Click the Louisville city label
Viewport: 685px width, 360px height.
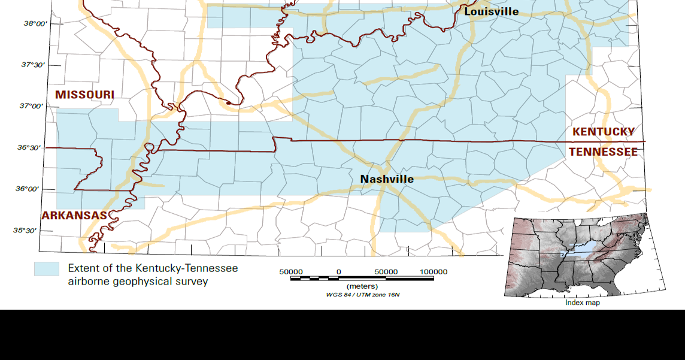[x=491, y=11]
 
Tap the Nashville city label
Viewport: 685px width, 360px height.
[x=387, y=179]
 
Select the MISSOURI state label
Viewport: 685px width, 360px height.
[x=84, y=95]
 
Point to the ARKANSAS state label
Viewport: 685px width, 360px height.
[x=74, y=216]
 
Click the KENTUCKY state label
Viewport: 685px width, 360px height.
[x=604, y=132]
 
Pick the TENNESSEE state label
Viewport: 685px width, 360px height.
[x=603, y=152]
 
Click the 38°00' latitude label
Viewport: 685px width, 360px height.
[x=35, y=23]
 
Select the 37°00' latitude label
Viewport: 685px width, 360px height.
[x=31, y=106]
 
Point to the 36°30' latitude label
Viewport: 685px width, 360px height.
[x=29, y=147]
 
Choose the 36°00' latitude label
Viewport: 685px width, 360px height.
[x=28, y=189]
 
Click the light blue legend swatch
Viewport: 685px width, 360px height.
[x=47, y=269]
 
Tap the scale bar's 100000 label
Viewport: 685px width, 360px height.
[x=433, y=271]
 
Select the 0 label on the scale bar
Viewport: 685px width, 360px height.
[x=339, y=271]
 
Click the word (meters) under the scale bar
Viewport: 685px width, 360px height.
[x=362, y=286]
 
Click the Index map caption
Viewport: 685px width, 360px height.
[x=583, y=302]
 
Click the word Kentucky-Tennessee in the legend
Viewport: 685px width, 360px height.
[x=186, y=268]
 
